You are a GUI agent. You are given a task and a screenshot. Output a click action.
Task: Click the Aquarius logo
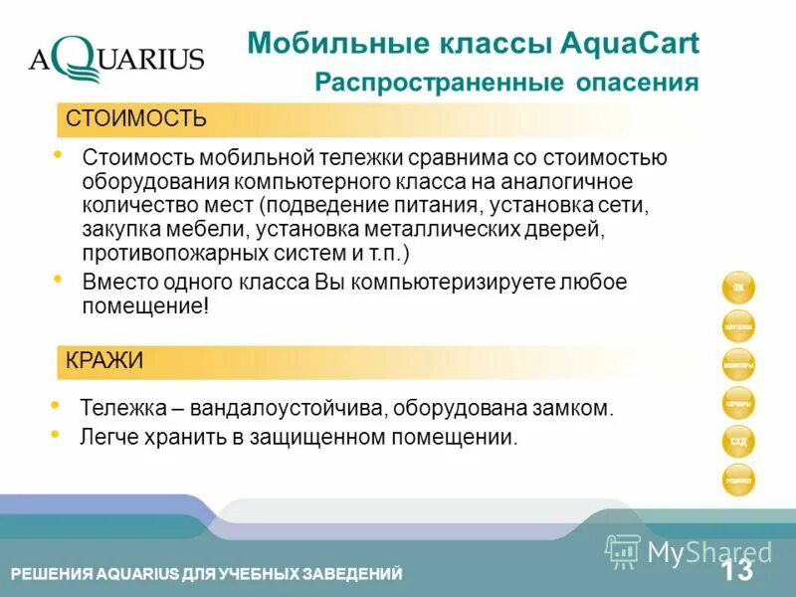coord(115,60)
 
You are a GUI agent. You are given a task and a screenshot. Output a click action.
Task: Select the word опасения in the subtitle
coord(638,83)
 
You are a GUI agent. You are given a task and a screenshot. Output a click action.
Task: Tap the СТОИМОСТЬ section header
coord(136,120)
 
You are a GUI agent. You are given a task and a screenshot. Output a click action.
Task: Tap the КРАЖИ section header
coord(104,361)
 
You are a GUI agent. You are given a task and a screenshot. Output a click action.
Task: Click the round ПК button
coord(738,289)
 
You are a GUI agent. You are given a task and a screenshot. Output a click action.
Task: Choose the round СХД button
coord(738,441)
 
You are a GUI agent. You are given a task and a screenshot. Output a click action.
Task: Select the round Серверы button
coord(738,403)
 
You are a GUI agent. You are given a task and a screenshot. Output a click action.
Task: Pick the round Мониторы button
coord(738,365)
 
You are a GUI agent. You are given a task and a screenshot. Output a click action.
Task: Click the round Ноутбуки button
coord(738,326)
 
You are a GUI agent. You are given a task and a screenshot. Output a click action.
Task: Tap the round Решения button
coord(738,480)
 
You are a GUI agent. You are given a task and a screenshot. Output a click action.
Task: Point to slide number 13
coord(737,571)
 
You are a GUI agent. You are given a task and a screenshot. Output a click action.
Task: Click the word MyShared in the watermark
coord(709,552)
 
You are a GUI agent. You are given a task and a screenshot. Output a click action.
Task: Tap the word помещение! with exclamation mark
coord(146,306)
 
